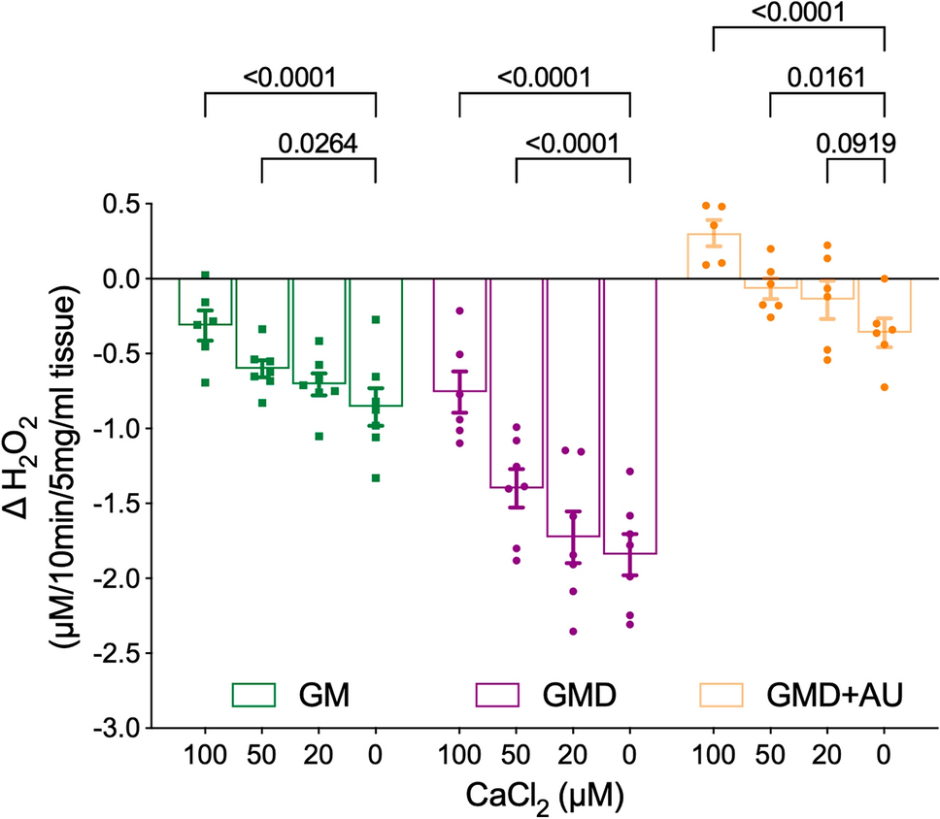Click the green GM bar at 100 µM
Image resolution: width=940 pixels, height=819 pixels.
(205, 302)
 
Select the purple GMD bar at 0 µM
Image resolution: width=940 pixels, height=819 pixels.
(629, 417)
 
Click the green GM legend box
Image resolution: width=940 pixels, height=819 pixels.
(253, 694)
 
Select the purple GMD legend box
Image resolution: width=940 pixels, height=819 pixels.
(498, 694)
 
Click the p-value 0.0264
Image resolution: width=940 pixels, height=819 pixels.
(318, 143)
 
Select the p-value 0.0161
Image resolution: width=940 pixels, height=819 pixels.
(827, 77)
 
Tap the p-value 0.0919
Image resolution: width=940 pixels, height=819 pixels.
(855, 143)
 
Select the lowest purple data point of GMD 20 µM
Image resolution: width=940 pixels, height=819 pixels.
(573, 631)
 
